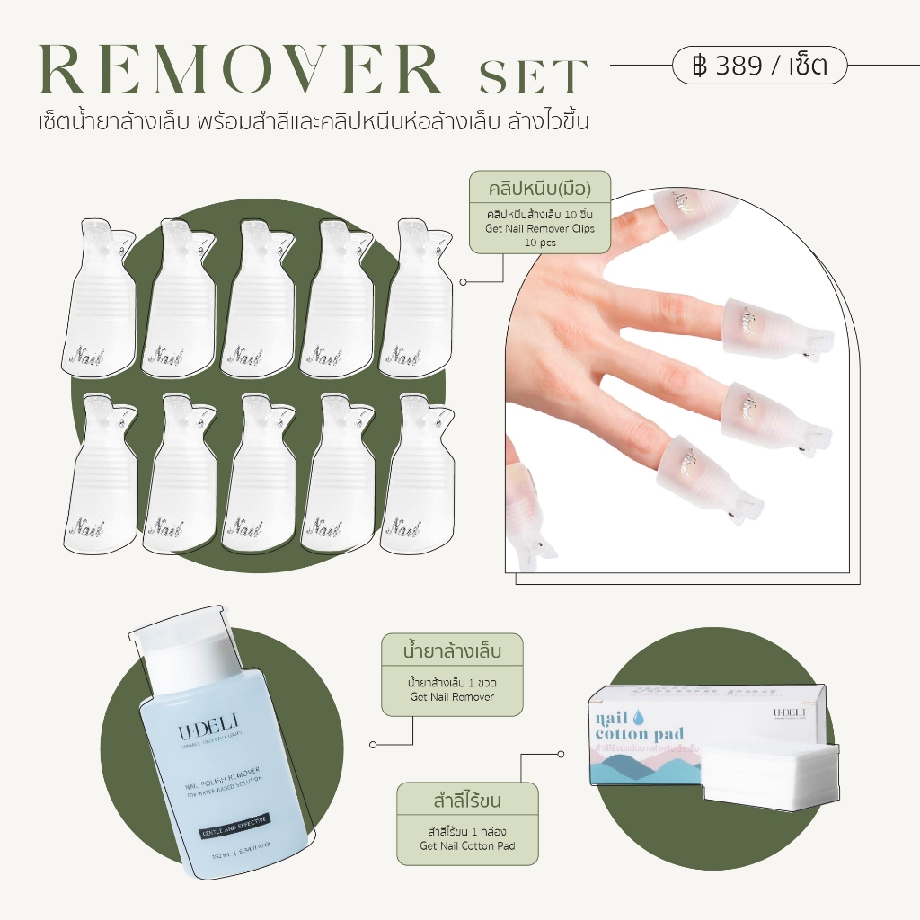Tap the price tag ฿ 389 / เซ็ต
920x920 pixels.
759,65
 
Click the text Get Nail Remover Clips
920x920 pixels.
539,229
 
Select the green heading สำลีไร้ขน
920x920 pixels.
467,801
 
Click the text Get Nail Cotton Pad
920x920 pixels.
467,845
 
